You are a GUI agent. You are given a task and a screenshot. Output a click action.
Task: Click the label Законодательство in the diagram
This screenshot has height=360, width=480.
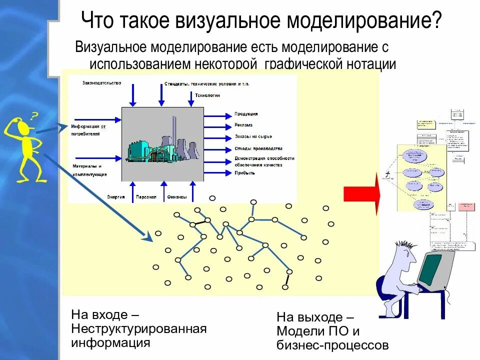click(101, 83)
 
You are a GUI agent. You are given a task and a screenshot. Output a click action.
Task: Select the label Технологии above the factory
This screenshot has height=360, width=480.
click(207, 95)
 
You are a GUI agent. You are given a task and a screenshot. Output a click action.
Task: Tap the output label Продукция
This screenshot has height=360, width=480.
click(246, 114)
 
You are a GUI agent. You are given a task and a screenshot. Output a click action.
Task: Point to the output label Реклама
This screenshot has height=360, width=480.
click(243, 125)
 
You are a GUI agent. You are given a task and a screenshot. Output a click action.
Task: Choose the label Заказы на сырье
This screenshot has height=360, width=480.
click(253, 136)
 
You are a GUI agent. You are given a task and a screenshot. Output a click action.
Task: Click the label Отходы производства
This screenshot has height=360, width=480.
click(258, 148)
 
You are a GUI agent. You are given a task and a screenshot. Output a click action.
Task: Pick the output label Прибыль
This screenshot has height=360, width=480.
click(244, 173)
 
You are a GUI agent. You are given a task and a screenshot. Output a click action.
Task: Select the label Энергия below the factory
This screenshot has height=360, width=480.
click(115, 197)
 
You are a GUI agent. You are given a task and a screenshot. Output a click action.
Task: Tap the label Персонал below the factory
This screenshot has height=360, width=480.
click(146, 197)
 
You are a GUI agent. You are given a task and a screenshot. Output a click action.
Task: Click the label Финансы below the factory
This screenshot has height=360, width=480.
click(177, 197)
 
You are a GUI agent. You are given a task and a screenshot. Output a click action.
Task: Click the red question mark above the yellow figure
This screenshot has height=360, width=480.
click(34, 117)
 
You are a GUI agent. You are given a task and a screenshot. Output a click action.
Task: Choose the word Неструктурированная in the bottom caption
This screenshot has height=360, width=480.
click(139, 329)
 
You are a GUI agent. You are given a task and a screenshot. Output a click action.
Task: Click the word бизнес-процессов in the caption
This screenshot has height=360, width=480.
click(332, 345)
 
